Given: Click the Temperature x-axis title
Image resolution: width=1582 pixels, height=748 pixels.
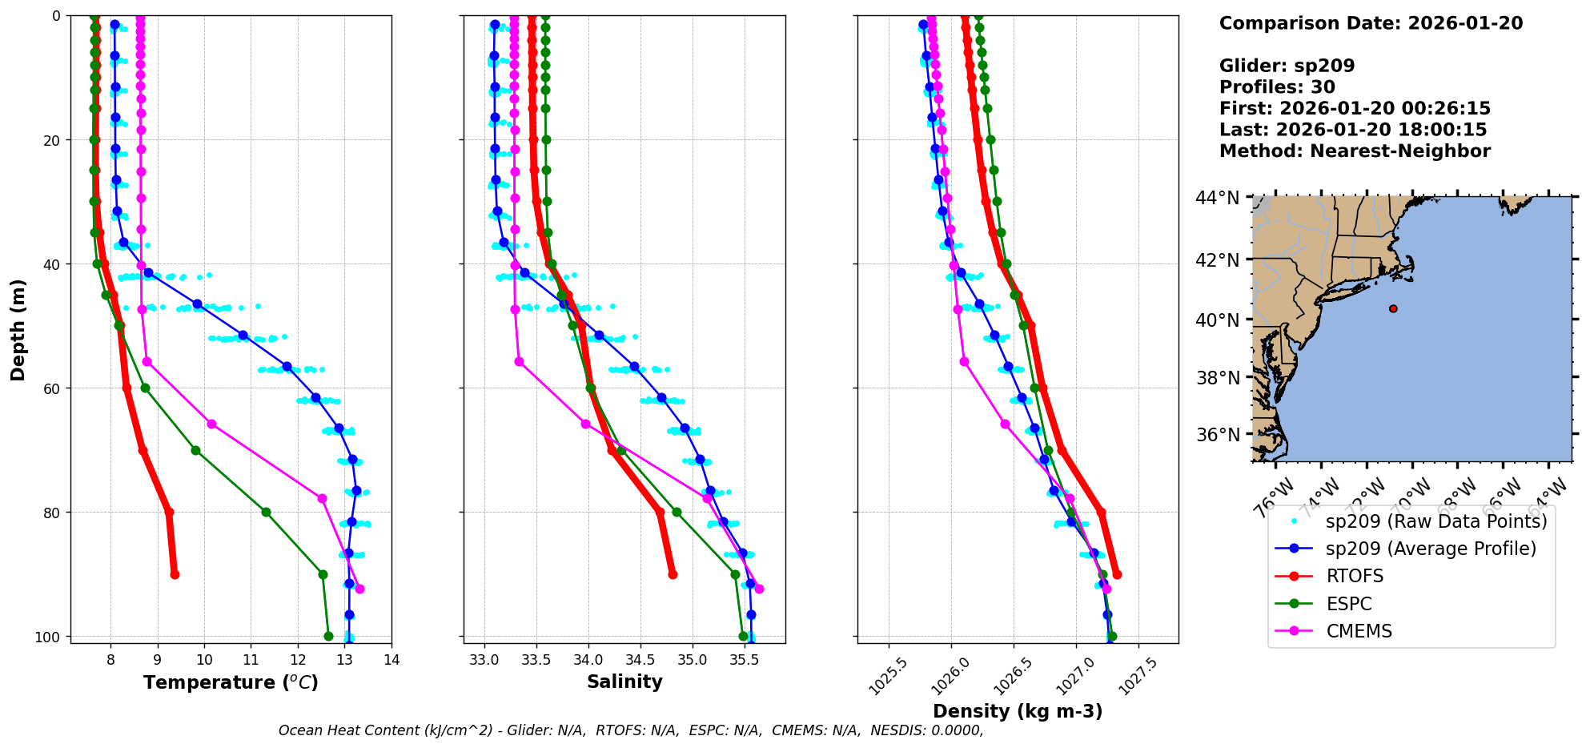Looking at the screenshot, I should point(231,682).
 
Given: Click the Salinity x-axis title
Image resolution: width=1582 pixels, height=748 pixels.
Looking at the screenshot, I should point(624,682).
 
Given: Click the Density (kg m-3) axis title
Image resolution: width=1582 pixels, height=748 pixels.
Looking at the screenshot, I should point(1018,711).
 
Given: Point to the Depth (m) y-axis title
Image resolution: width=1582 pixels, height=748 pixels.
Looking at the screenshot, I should point(18,329).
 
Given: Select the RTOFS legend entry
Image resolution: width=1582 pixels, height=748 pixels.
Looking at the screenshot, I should point(1355,577).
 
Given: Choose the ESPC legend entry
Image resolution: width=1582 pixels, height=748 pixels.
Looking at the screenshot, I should point(1349,604).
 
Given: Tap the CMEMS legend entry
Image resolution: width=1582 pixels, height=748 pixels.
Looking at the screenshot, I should point(1359,631).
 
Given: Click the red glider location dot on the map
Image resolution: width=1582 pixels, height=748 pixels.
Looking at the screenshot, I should point(1393,308).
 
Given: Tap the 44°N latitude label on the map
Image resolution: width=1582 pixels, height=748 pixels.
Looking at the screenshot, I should point(1217,198).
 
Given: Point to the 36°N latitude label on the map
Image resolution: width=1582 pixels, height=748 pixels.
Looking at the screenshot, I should point(1217,435).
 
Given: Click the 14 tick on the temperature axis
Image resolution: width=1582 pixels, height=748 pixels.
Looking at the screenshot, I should point(391,660).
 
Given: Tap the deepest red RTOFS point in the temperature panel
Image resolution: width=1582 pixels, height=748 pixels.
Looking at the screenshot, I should point(175,574).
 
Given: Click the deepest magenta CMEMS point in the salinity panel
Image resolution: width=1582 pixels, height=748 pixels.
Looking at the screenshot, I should point(759,589).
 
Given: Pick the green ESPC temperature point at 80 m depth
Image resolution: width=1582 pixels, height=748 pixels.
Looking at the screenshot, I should point(266,512).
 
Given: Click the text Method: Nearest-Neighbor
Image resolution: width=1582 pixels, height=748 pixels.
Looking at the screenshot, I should point(1355,151).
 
